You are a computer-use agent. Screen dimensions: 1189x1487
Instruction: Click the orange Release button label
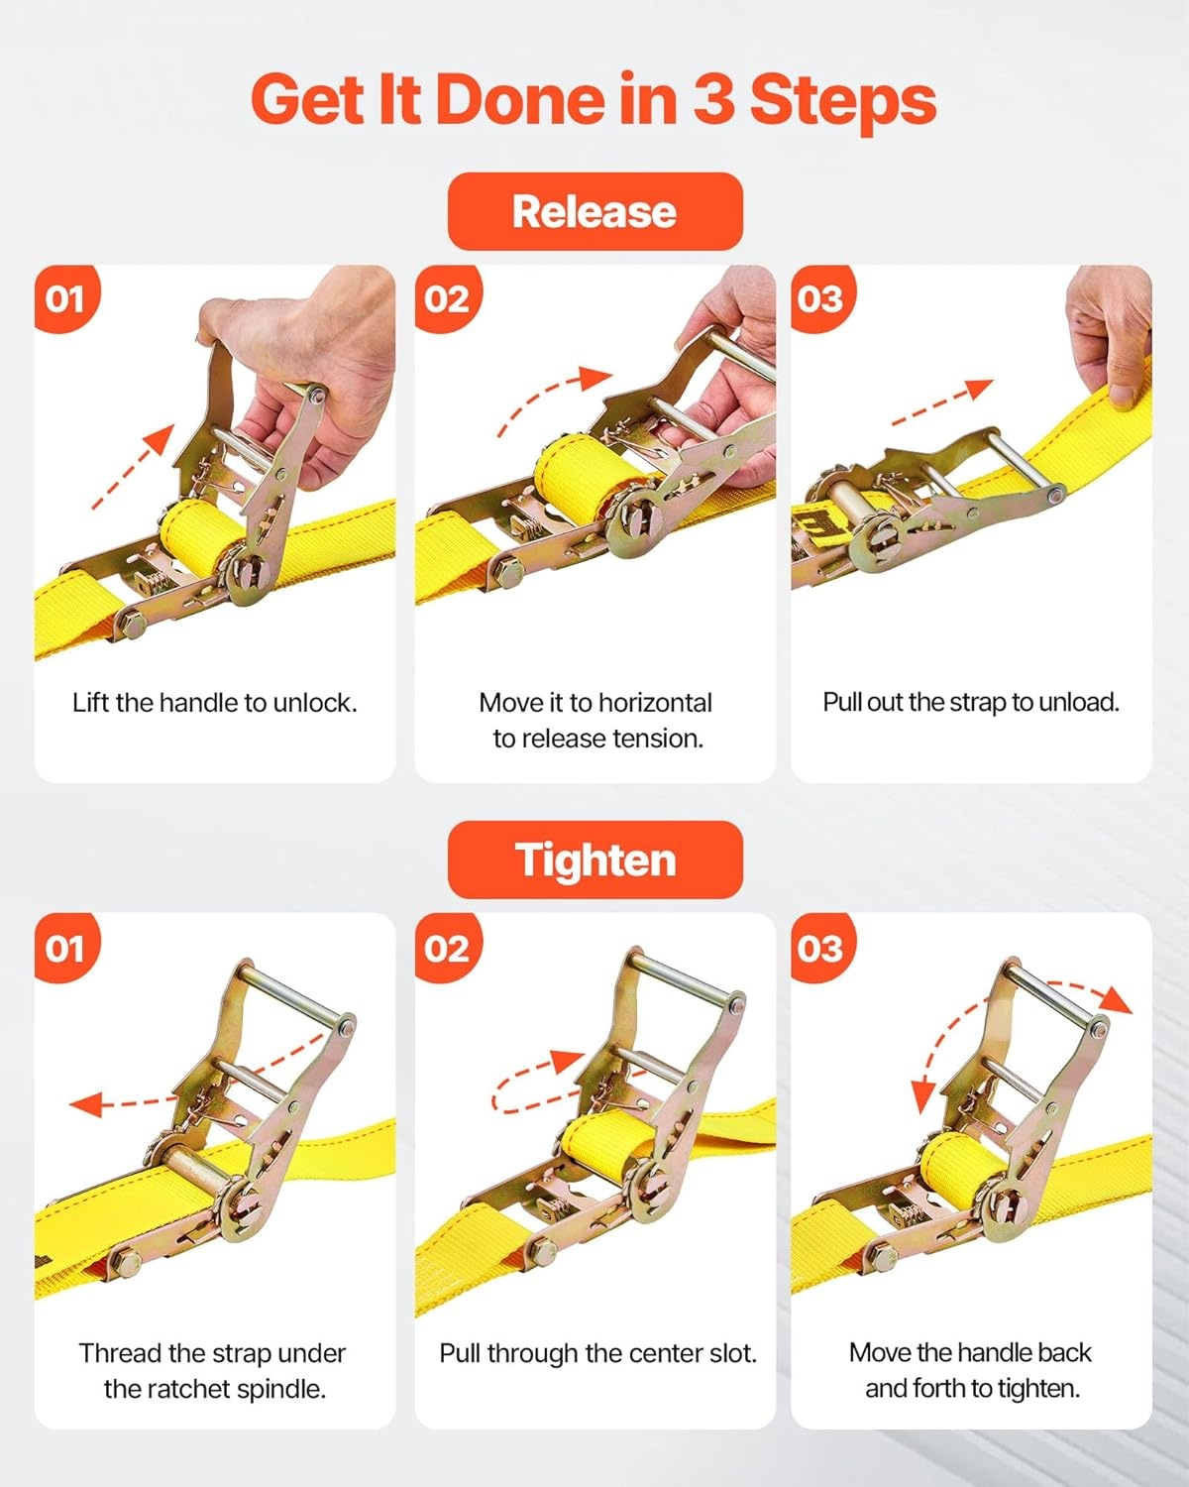[x=594, y=211]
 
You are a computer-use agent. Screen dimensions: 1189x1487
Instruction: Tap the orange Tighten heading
[x=594, y=859]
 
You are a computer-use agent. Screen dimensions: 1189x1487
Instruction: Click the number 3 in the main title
[x=713, y=99]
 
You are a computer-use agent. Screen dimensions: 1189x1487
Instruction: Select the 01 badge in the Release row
[x=67, y=298]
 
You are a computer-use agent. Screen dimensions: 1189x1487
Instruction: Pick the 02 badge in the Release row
[x=448, y=298]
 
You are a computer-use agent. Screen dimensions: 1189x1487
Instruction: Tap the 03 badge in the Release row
[x=822, y=298]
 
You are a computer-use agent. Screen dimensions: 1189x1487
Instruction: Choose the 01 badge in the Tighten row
[x=67, y=948]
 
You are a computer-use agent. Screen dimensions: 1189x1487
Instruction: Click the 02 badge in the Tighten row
[x=448, y=948]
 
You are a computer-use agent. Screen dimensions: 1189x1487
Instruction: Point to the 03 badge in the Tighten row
[x=822, y=948]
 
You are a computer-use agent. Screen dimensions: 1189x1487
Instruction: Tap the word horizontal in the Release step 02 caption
[x=654, y=703]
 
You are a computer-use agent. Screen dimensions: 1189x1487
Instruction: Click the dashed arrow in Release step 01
[x=134, y=466]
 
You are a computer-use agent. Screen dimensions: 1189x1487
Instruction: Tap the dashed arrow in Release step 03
[x=942, y=402]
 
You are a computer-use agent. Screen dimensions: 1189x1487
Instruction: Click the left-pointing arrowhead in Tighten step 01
[x=85, y=1103]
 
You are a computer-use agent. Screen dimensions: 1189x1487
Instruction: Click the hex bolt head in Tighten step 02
[x=543, y=1252]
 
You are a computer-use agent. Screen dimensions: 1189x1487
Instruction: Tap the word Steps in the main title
[x=843, y=101]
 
